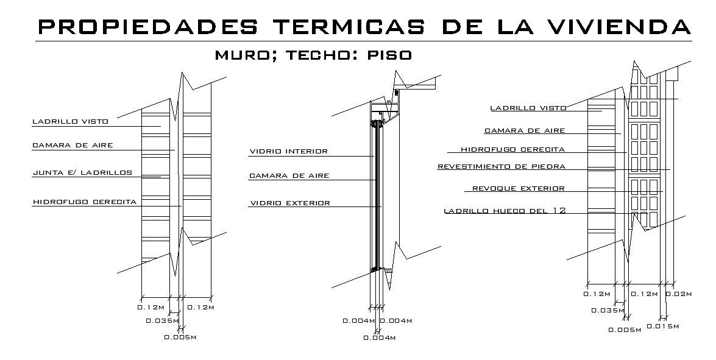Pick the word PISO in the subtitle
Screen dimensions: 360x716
coord(389,55)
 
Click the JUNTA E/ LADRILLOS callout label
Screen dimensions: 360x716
coord(82,173)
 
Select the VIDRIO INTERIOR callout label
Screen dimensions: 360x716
coord(288,152)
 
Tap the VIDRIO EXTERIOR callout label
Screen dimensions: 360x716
coord(289,203)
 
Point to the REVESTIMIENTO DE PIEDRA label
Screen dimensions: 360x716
coord(502,166)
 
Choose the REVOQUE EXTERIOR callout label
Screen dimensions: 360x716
coord(519,189)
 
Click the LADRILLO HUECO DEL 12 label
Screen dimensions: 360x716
coord(505,211)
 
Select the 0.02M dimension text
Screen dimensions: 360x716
coord(678,294)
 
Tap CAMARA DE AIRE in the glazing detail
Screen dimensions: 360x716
coord(289,176)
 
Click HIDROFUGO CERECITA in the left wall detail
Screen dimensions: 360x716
coord(85,202)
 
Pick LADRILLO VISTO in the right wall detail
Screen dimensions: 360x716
coord(528,108)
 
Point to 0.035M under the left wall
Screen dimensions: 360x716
coord(162,320)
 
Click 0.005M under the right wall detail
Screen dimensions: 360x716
coord(625,330)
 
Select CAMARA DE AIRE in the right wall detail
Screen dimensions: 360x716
coord(525,130)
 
